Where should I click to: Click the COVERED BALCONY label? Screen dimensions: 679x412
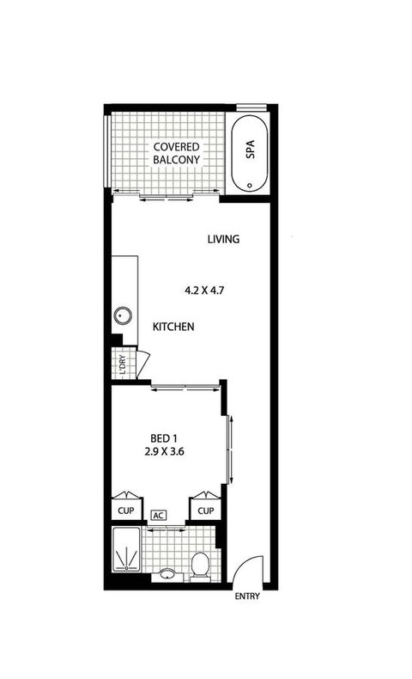coord(177,153)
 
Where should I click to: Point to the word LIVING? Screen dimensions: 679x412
coord(221,239)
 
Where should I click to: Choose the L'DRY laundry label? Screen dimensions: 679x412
coord(122,364)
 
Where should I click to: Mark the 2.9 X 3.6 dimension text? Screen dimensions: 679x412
coord(165,450)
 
